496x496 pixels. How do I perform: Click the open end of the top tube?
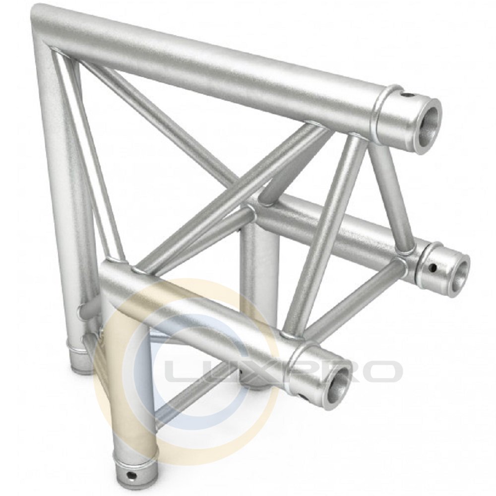427,126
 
